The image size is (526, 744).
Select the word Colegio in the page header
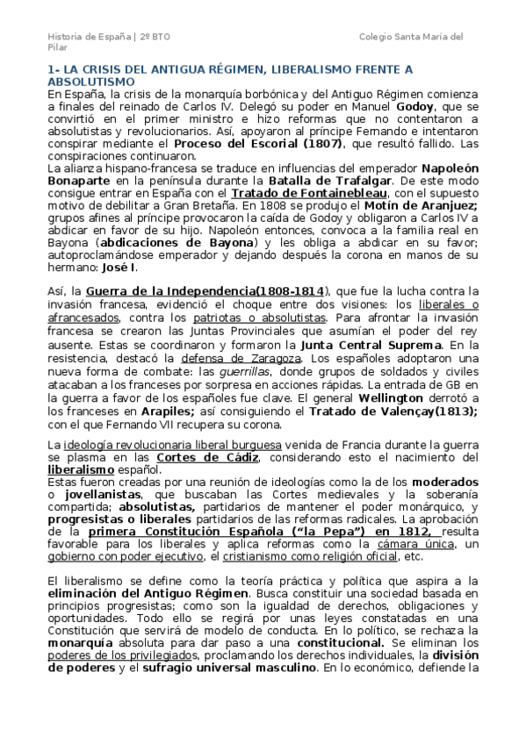click(x=378, y=36)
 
